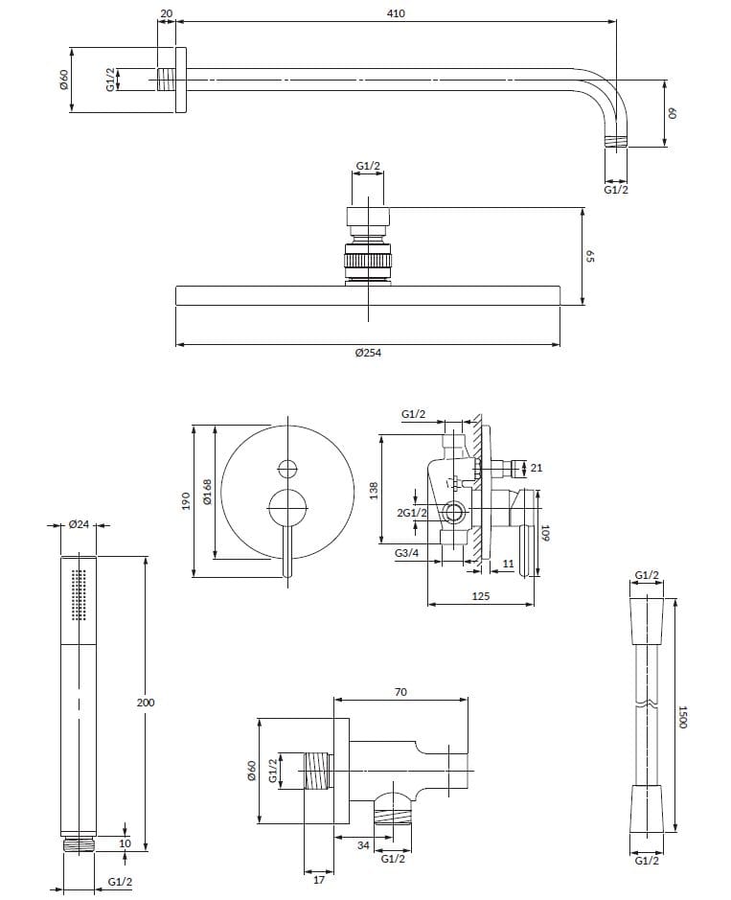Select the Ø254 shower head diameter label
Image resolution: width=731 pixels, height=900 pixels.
click(368, 353)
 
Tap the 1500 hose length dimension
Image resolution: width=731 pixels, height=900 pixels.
click(682, 717)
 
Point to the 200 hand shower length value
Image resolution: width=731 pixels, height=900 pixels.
click(146, 703)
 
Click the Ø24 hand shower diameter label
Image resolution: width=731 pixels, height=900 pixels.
click(79, 524)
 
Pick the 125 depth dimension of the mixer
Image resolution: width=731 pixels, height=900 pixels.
click(481, 596)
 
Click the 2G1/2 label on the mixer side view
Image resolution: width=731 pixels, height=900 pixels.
click(412, 513)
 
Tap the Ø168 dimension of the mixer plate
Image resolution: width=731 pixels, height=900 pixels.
click(207, 492)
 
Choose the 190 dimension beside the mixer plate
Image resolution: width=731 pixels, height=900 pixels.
click(187, 500)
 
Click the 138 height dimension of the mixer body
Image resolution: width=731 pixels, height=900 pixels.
click(375, 490)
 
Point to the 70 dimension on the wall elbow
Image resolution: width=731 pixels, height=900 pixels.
click(401, 691)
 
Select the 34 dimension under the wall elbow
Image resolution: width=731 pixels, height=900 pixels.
click(363, 844)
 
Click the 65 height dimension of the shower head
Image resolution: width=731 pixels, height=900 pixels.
click(591, 257)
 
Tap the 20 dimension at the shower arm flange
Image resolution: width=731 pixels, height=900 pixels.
click(167, 12)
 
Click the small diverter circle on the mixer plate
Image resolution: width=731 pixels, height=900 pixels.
click(286, 469)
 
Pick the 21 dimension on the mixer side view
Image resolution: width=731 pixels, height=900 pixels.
click(537, 468)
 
